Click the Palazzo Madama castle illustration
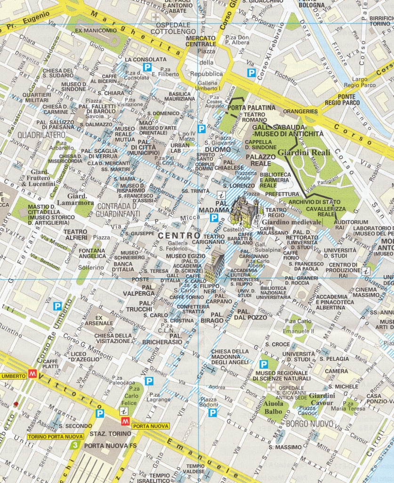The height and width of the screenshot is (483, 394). [x=244, y=211]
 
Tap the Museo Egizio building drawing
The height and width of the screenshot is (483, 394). [x=215, y=266]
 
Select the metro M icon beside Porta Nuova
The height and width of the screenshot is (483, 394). [x=126, y=421]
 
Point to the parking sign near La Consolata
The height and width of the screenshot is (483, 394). [x=147, y=67]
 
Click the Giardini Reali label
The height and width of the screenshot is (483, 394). [x=304, y=152]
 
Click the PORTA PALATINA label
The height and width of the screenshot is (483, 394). [x=251, y=108]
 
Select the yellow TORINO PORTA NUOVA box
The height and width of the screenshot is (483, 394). [x=55, y=437]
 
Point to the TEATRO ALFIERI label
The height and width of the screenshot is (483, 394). [x=75, y=235]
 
